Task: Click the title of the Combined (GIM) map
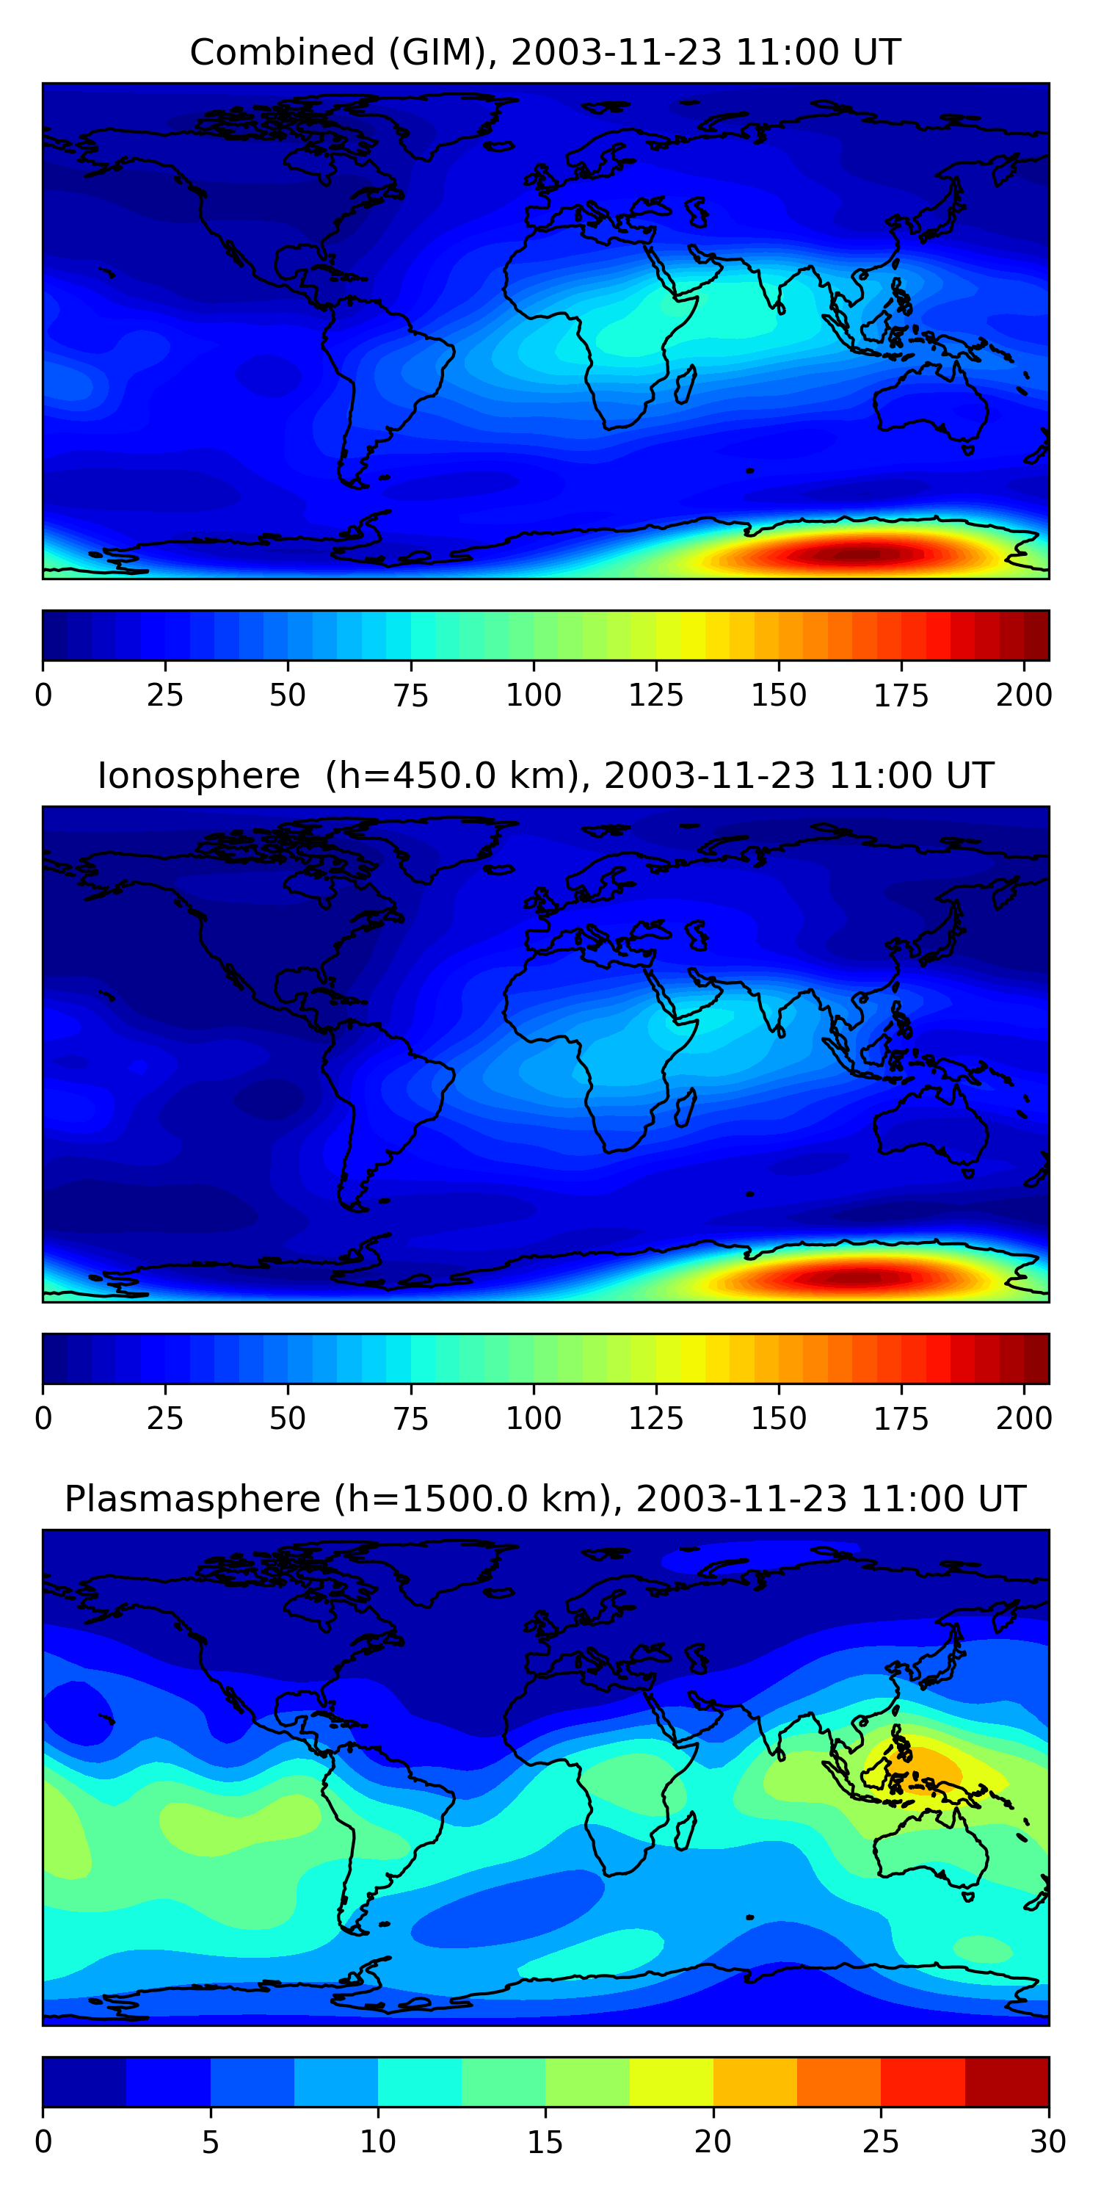point(545,52)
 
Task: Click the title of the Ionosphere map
point(545,775)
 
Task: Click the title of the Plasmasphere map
point(545,1500)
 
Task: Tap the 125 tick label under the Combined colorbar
point(655,695)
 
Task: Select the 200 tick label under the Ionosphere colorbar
point(1023,1419)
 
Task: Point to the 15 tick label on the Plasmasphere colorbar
point(545,2142)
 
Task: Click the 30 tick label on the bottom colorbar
point(1048,2142)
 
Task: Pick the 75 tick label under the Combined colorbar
point(410,695)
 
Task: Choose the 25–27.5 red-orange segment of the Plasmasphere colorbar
point(923,2082)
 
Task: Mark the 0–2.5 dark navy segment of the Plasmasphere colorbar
point(84,2082)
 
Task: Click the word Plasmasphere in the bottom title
point(192,1500)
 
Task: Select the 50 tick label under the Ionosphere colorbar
point(287,1419)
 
